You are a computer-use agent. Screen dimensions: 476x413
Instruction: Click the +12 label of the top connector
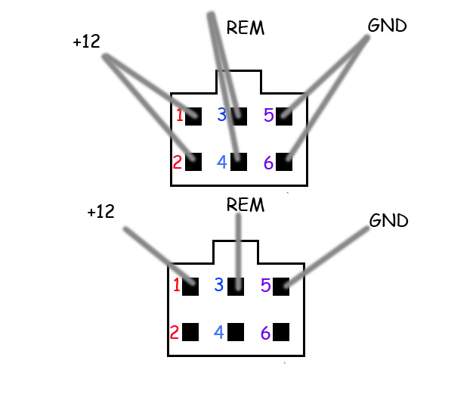[x=87, y=42]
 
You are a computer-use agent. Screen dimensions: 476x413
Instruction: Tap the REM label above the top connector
[x=246, y=28]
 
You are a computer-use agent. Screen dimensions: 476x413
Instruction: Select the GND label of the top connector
[x=387, y=25]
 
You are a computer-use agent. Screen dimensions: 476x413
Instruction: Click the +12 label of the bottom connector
[x=100, y=212]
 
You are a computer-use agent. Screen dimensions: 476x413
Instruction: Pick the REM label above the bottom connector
[x=246, y=204]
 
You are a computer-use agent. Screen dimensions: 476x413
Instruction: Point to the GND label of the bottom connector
[x=388, y=220]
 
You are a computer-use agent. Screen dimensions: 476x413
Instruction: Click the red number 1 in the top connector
[x=179, y=116]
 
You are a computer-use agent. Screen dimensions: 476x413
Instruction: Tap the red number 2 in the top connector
[x=178, y=162]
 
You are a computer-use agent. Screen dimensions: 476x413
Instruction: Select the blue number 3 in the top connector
[x=222, y=114]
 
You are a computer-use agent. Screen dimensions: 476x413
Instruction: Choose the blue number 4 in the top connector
[x=222, y=162]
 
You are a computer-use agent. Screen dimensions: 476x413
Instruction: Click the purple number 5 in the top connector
[x=269, y=115]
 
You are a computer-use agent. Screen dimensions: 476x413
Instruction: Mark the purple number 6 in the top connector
[x=268, y=163]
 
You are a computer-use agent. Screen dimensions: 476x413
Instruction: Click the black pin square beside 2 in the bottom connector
[x=190, y=332]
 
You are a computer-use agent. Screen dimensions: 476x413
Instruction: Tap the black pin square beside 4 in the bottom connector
[x=236, y=332]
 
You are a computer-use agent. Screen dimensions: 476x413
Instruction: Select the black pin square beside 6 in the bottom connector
[x=281, y=332]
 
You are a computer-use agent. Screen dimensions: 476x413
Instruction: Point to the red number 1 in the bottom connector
[x=176, y=285]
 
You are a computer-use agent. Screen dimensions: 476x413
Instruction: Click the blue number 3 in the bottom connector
[x=219, y=284]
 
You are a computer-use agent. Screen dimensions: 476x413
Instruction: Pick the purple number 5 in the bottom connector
[x=266, y=285]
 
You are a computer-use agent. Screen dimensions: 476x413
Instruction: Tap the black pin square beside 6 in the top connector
[x=284, y=162]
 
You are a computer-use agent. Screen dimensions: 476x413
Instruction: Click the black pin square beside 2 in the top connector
[x=193, y=162]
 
